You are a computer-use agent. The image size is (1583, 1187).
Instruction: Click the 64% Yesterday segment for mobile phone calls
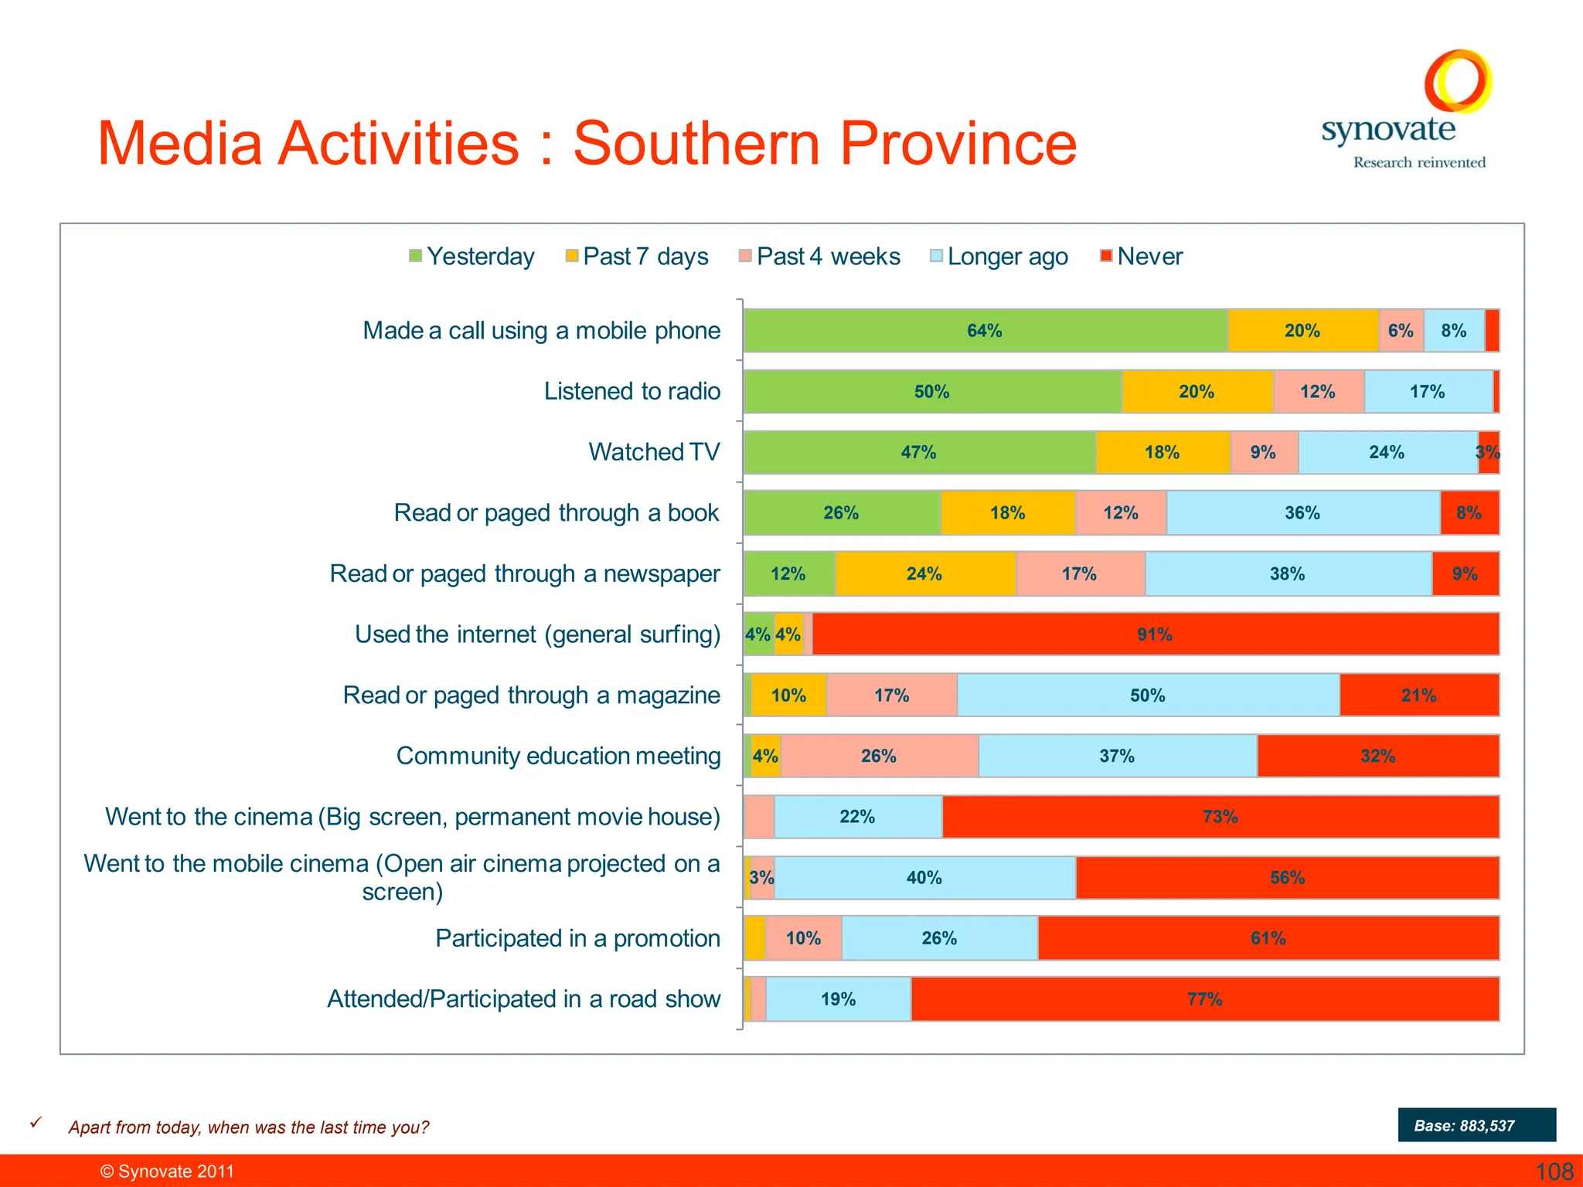click(x=985, y=331)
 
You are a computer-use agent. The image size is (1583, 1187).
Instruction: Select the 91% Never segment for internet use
click(x=1155, y=634)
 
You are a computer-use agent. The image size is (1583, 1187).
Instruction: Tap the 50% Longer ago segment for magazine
click(x=1148, y=696)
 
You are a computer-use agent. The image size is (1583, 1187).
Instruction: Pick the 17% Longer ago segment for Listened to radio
click(x=1427, y=392)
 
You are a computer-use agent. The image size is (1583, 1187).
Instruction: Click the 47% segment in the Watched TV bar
click(x=918, y=452)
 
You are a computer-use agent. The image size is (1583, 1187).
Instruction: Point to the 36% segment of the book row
click(x=1302, y=513)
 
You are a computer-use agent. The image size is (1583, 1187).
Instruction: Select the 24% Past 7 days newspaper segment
click(x=924, y=573)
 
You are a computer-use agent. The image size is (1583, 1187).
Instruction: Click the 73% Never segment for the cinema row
click(x=1220, y=817)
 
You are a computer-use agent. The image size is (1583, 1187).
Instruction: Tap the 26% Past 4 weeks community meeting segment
click(x=879, y=756)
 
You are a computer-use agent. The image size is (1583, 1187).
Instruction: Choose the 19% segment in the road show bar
click(x=838, y=999)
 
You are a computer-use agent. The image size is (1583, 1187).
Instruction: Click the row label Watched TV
click(x=654, y=452)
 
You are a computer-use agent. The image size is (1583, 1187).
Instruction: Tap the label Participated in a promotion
click(x=577, y=938)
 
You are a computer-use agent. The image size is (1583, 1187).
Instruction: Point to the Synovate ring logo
click(x=1457, y=81)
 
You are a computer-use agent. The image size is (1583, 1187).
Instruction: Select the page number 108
click(x=1554, y=1172)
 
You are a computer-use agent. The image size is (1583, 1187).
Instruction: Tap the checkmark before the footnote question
click(x=36, y=1123)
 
